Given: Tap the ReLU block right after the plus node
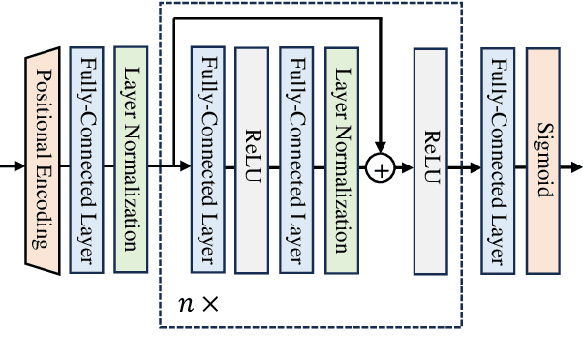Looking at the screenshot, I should tap(429, 160).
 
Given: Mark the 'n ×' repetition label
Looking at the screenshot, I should tap(199, 302).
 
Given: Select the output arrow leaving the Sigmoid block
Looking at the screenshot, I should tap(571, 167).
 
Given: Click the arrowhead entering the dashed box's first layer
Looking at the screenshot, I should tap(187, 167).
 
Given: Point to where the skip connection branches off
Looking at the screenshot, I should tap(172, 167).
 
